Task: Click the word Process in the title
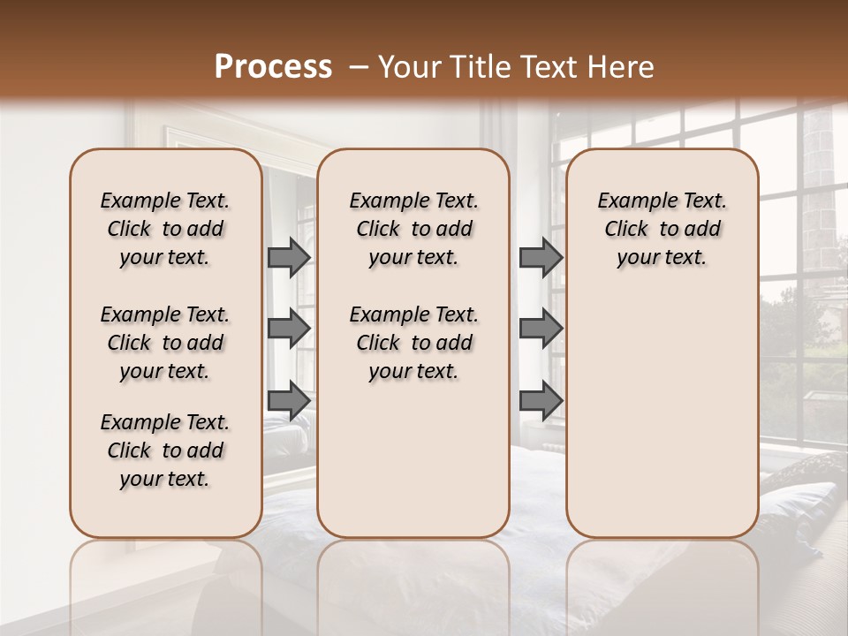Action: (x=273, y=67)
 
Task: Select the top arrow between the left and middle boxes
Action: (x=289, y=257)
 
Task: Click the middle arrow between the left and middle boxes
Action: (x=289, y=329)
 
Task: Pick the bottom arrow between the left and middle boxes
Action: (x=289, y=400)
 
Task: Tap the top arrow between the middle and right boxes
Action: (x=541, y=257)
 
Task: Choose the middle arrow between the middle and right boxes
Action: (x=541, y=329)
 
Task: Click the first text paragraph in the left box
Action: (x=165, y=229)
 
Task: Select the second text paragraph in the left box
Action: (x=165, y=343)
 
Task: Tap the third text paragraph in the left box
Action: (x=165, y=450)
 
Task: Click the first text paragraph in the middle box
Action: (x=413, y=229)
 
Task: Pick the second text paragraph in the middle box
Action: (x=413, y=343)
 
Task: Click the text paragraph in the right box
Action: (x=662, y=229)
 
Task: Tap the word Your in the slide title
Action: (x=406, y=67)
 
